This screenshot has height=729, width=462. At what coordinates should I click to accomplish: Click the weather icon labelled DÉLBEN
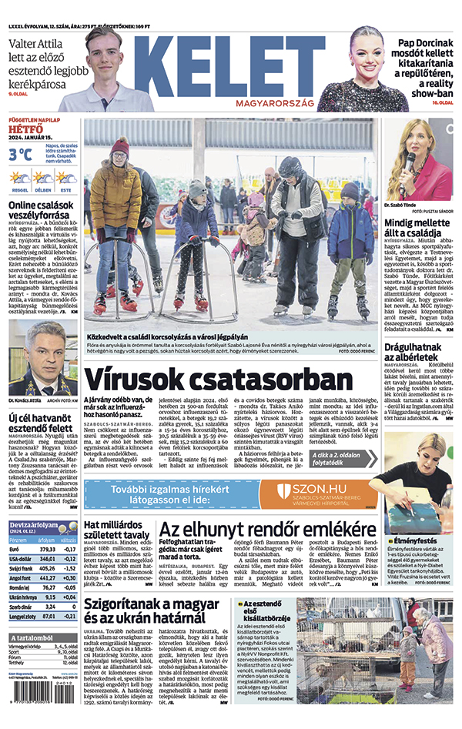click(x=44, y=179)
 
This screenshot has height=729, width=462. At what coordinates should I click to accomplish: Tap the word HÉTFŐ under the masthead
click(x=25, y=129)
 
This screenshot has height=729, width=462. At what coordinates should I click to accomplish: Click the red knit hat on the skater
click(x=119, y=145)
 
